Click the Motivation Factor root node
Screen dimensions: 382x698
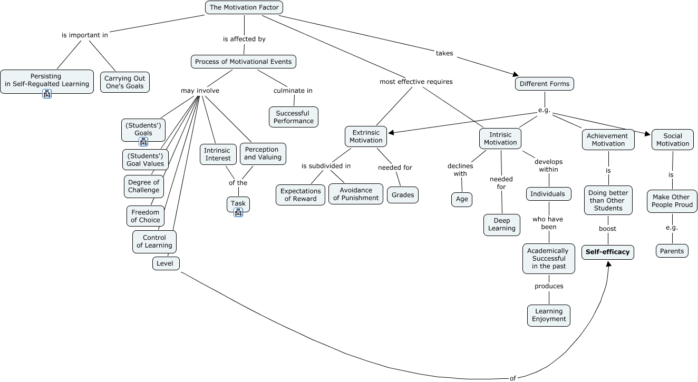244,7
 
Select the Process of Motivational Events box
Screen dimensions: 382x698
243,62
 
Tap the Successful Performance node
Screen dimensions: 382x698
294,117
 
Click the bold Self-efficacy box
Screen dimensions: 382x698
608,252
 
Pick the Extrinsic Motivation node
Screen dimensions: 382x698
366,136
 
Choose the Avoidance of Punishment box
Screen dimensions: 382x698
356,194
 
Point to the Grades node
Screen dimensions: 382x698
403,194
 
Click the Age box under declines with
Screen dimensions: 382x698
462,199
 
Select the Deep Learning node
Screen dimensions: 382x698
502,224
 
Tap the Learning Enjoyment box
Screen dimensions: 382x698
549,315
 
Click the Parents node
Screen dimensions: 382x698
672,251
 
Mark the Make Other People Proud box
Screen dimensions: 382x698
672,201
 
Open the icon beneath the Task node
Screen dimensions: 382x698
238,212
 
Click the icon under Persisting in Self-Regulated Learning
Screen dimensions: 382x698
47,94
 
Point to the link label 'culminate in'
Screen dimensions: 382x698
293,91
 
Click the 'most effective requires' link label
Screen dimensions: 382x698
416,82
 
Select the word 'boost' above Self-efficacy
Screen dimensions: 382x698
607,229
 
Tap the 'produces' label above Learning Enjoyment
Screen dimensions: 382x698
549,286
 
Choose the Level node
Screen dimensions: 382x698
166,263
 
